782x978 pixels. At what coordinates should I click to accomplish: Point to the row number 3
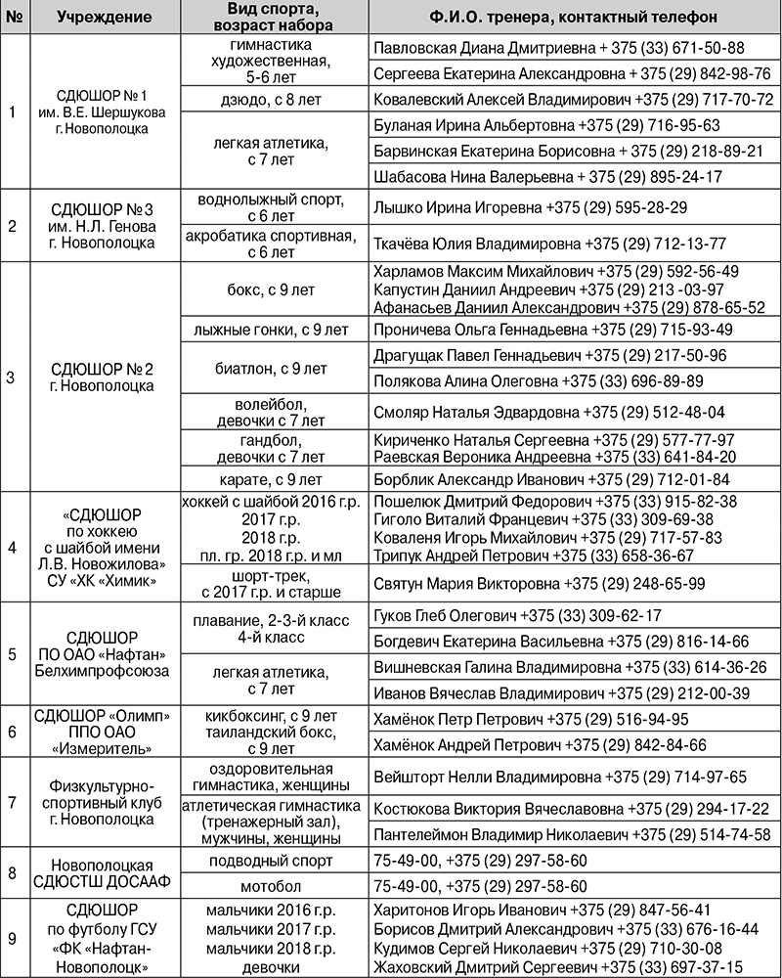12,377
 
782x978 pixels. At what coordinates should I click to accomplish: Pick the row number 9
12,939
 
